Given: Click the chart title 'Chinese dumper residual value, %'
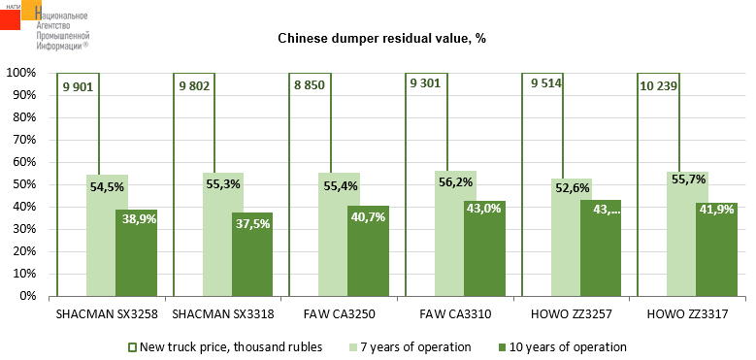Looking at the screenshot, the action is (x=381, y=39).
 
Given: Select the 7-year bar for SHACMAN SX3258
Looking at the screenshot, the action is (x=101, y=235).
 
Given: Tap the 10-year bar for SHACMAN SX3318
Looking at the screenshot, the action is (x=252, y=254).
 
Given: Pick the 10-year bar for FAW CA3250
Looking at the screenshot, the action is (x=369, y=250).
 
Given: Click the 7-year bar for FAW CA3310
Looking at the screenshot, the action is (x=449, y=233).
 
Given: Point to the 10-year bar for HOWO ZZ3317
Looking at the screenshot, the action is (x=716, y=249).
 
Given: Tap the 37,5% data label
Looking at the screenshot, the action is (x=252, y=223).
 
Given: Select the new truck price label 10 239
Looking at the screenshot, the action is (x=658, y=86).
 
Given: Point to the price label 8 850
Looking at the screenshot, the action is (x=309, y=86).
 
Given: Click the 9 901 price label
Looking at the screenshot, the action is (x=77, y=86).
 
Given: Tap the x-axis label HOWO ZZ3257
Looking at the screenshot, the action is (x=571, y=315).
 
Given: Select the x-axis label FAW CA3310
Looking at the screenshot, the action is (x=455, y=315).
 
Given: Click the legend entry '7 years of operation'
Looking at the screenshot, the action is (x=410, y=347).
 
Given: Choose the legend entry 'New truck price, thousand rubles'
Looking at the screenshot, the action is (x=226, y=347).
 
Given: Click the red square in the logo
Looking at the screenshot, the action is (x=10, y=19).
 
